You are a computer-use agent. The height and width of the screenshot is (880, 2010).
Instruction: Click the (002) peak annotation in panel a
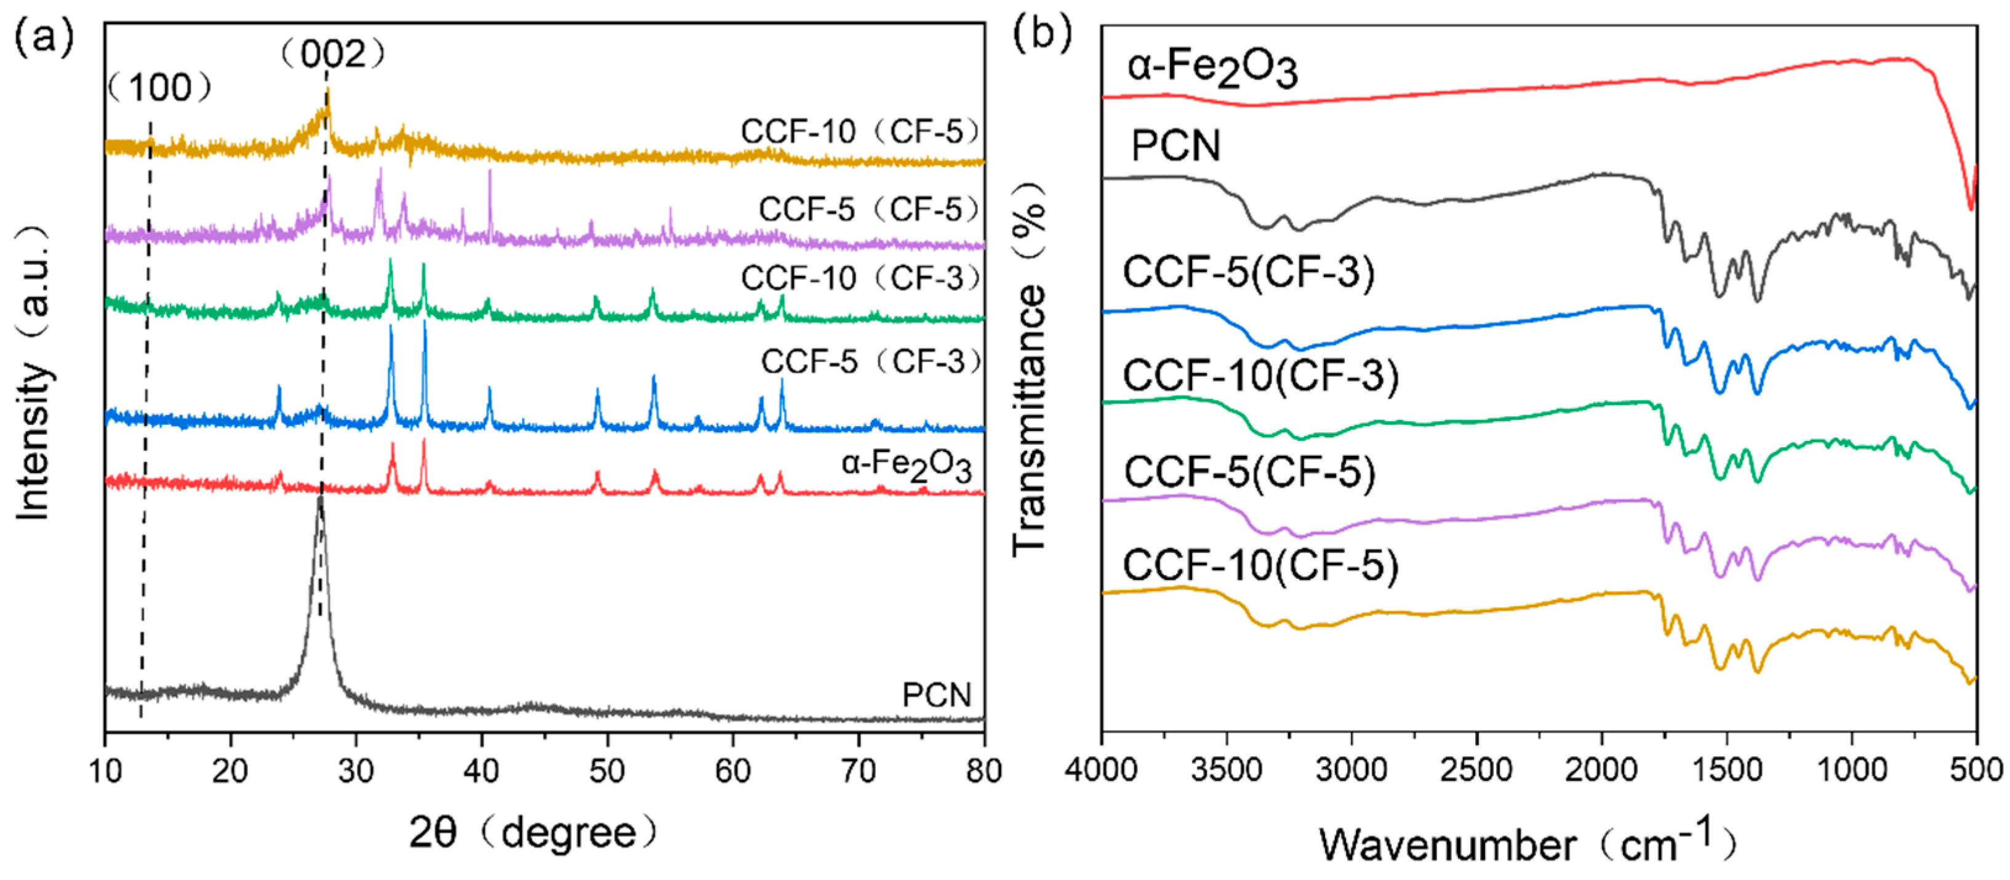333,55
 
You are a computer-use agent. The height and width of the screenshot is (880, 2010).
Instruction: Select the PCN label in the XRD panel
936,695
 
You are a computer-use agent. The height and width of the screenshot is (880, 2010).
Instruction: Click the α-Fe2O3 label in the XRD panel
906,466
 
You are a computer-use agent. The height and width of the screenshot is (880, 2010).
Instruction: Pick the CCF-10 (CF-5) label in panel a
859,132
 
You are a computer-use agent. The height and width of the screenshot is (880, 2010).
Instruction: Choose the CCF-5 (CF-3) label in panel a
870,361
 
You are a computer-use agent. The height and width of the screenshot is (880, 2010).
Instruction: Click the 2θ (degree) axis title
533,833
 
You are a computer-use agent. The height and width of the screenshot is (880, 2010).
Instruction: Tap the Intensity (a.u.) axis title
34,375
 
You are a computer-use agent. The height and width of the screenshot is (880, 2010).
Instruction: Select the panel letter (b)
1042,34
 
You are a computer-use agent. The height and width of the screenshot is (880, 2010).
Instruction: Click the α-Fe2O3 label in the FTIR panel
1212,70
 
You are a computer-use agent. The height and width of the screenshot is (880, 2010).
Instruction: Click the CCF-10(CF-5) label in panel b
1260,565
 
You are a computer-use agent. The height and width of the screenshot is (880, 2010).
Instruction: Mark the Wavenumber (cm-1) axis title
1529,843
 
